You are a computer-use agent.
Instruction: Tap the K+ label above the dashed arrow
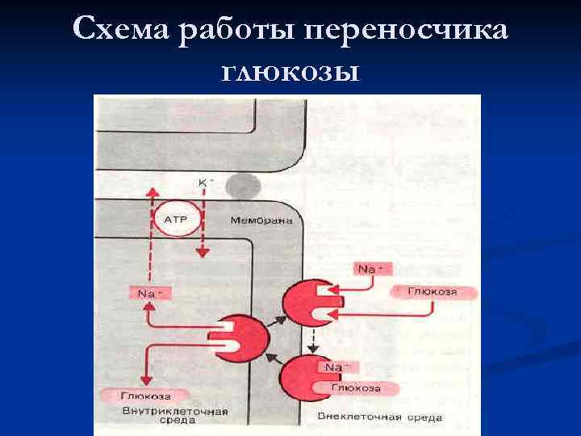tap(204, 183)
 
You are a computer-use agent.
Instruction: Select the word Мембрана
tap(261, 220)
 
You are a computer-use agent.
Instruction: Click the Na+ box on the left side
tap(148, 294)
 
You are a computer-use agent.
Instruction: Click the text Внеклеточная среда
tap(379, 417)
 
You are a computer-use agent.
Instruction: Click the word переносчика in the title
tap(410, 31)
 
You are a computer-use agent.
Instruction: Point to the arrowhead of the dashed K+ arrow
tap(203, 254)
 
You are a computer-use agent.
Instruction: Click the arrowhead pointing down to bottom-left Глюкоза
tap(146, 380)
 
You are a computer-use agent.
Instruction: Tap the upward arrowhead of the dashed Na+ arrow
tap(148, 192)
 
